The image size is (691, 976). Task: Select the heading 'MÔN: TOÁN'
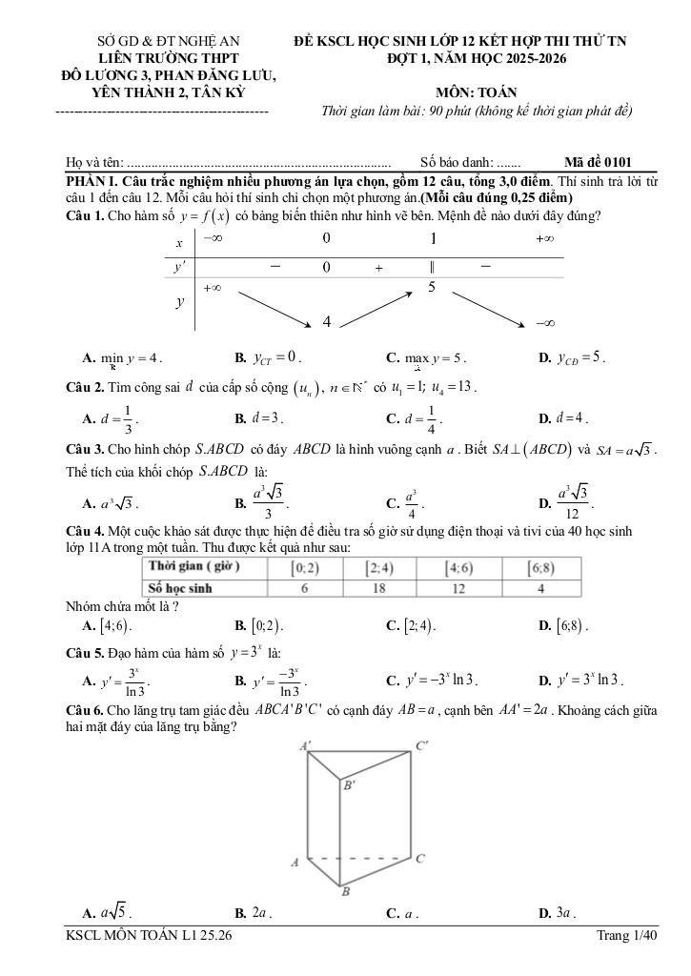click(477, 92)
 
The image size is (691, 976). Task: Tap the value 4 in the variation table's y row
click(326, 322)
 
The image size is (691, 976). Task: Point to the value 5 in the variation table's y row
click(432, 286)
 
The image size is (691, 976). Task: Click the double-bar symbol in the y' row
click(432, 267)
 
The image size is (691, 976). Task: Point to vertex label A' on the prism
click(304, 746)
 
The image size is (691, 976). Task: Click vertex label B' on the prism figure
click(349, 785)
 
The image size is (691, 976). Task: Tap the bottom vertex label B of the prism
click(346, 892)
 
